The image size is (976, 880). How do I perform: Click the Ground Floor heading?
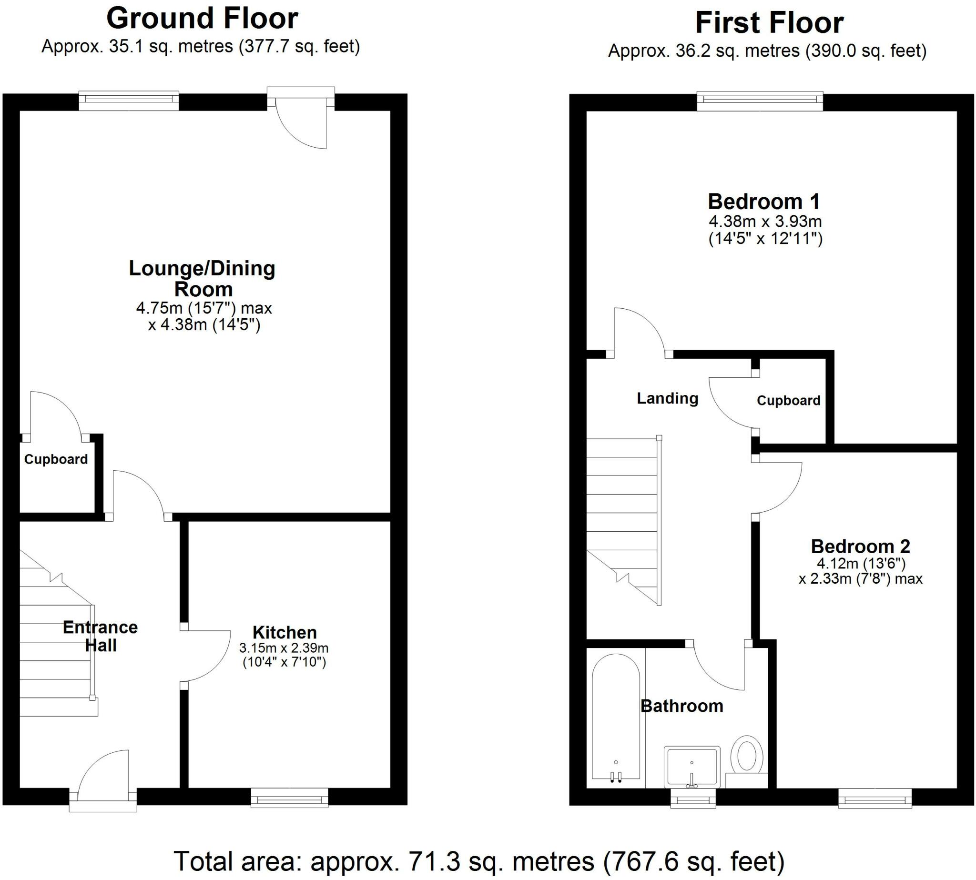click(202, 19)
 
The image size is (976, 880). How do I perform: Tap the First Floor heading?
click(770, 23)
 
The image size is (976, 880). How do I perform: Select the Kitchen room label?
click(285, 632)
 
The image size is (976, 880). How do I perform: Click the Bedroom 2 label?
click(860, 546)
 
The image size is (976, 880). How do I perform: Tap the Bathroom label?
click(682, 706)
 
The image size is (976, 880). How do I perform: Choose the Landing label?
click(668, 398)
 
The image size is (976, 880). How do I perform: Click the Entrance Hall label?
click(101, 637)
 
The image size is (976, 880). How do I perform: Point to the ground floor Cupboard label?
click(56, 459)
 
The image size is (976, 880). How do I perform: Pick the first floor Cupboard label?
click(789, 400)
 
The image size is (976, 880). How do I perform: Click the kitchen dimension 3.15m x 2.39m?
click(284, 647)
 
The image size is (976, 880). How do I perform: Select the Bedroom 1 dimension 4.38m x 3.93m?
click(766, 222)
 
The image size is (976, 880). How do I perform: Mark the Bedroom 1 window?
click(760, 101)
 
